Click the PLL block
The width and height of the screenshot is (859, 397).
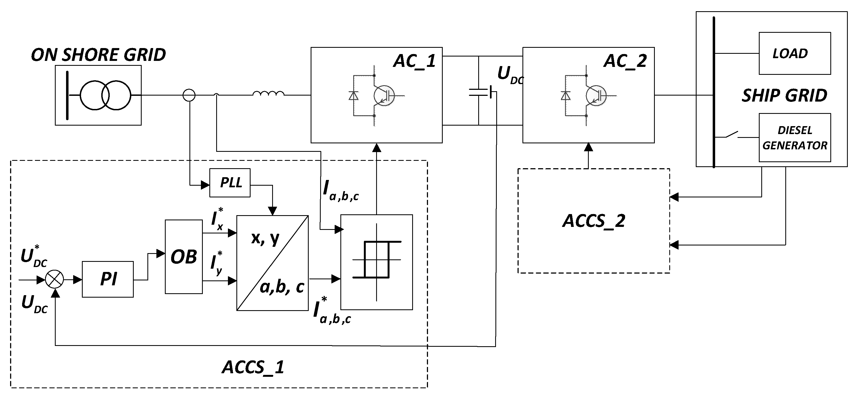[230, 183]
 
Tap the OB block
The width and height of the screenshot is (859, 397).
[184, 257]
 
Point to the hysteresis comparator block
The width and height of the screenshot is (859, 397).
[376, 262]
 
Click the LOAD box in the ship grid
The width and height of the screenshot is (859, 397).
[794, 53]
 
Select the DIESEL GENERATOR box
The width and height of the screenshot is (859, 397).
[794, 137]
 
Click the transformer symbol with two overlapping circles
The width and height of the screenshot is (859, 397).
[105, 95]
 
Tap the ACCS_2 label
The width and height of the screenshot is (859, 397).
[594, 221]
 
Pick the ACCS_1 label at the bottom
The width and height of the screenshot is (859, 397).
[253, 367]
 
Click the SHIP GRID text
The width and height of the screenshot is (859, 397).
[784, 96]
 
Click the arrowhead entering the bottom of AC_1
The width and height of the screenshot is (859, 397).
[376, 147]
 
